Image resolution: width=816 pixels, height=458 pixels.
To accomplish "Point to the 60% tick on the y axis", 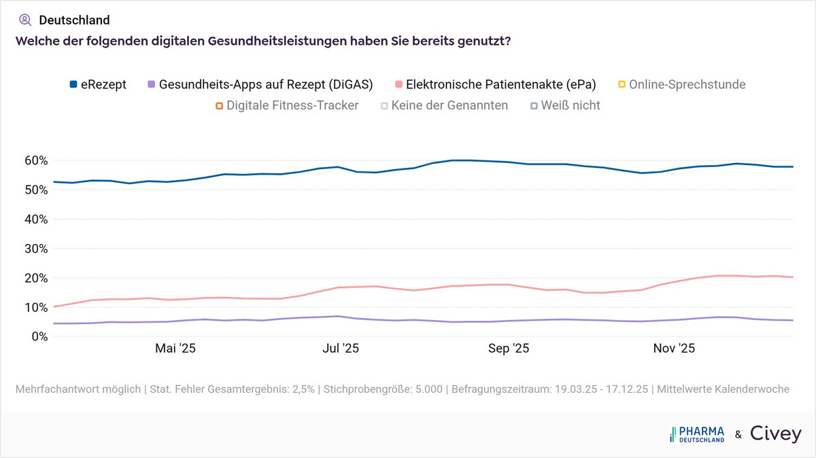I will (35, 161).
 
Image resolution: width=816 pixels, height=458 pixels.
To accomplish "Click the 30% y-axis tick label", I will (35, 249).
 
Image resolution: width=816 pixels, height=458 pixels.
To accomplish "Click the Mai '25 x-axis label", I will (175, 349).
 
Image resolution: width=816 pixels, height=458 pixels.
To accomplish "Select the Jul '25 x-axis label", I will (341, 349).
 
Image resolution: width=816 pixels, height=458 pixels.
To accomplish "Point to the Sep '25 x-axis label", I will (509, 349).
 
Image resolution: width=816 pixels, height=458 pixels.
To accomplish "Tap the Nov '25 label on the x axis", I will (674, 349).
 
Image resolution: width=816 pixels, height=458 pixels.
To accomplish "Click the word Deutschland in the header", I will (74, 20).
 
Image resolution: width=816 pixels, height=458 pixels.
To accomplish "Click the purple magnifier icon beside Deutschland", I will (25, 20).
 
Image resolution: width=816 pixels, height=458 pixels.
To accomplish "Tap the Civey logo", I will (775, 434).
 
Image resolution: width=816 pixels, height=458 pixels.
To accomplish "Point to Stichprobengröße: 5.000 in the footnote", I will (383, 389).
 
